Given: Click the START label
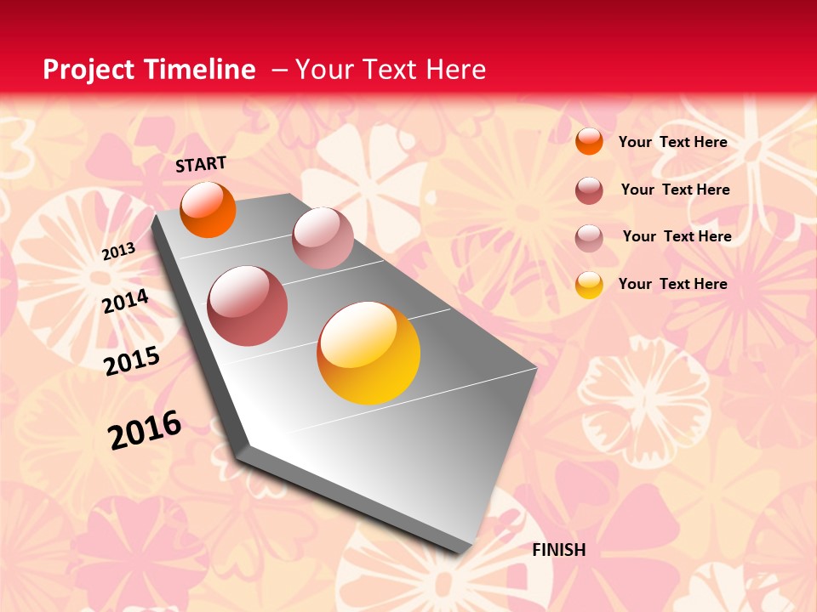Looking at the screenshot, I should click(x=201, y=164).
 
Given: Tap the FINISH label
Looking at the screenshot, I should click(x=559, y=550).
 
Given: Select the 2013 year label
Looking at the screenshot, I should click(x=118, y=251).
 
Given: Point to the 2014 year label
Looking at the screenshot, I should click(x=126, y=301).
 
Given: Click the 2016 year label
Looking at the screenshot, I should click(x=145, y=430).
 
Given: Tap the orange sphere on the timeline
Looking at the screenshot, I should click(x=208, y=209).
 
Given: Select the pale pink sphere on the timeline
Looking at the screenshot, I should click(x=323, y=238).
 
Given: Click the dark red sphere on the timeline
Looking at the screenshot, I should click(x=248, y=306).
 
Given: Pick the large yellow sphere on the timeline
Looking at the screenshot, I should click(x=369, y=353).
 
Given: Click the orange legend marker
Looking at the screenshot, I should click(x=589, y=141).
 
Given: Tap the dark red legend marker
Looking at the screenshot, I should click(x=589, y=190).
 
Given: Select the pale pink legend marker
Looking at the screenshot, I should click(x=589, y=238).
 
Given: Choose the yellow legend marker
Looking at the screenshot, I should click(x=589, y=285).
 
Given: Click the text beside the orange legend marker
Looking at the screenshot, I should click(x=672, y=142).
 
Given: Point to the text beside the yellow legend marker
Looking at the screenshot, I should click(x=672, y=284).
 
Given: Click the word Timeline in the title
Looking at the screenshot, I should click(x=200, y=70).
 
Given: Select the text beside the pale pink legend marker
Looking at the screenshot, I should click(x=677, y=236).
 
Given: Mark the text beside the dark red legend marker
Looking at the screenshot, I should click(x=675, y=190).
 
